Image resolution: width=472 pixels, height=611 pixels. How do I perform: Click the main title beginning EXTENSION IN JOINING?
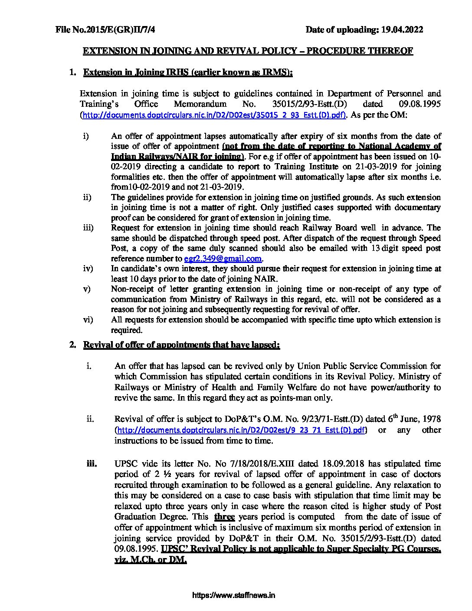(x=248, y=51)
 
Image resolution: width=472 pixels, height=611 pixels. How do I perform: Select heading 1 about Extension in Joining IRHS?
(x=188, y=72)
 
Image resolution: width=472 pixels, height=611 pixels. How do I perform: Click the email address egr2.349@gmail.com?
(x=223, y=259)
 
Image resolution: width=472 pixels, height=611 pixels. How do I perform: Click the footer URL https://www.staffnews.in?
(x=233, y=595)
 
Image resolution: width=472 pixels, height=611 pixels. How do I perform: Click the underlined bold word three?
(x=224, y=516)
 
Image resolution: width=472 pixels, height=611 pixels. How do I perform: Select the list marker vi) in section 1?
(x=88, y=320)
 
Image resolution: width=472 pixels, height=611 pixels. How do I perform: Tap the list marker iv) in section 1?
(x=88, y=269)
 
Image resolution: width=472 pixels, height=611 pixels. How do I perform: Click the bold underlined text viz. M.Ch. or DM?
(x=151, y=559)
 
